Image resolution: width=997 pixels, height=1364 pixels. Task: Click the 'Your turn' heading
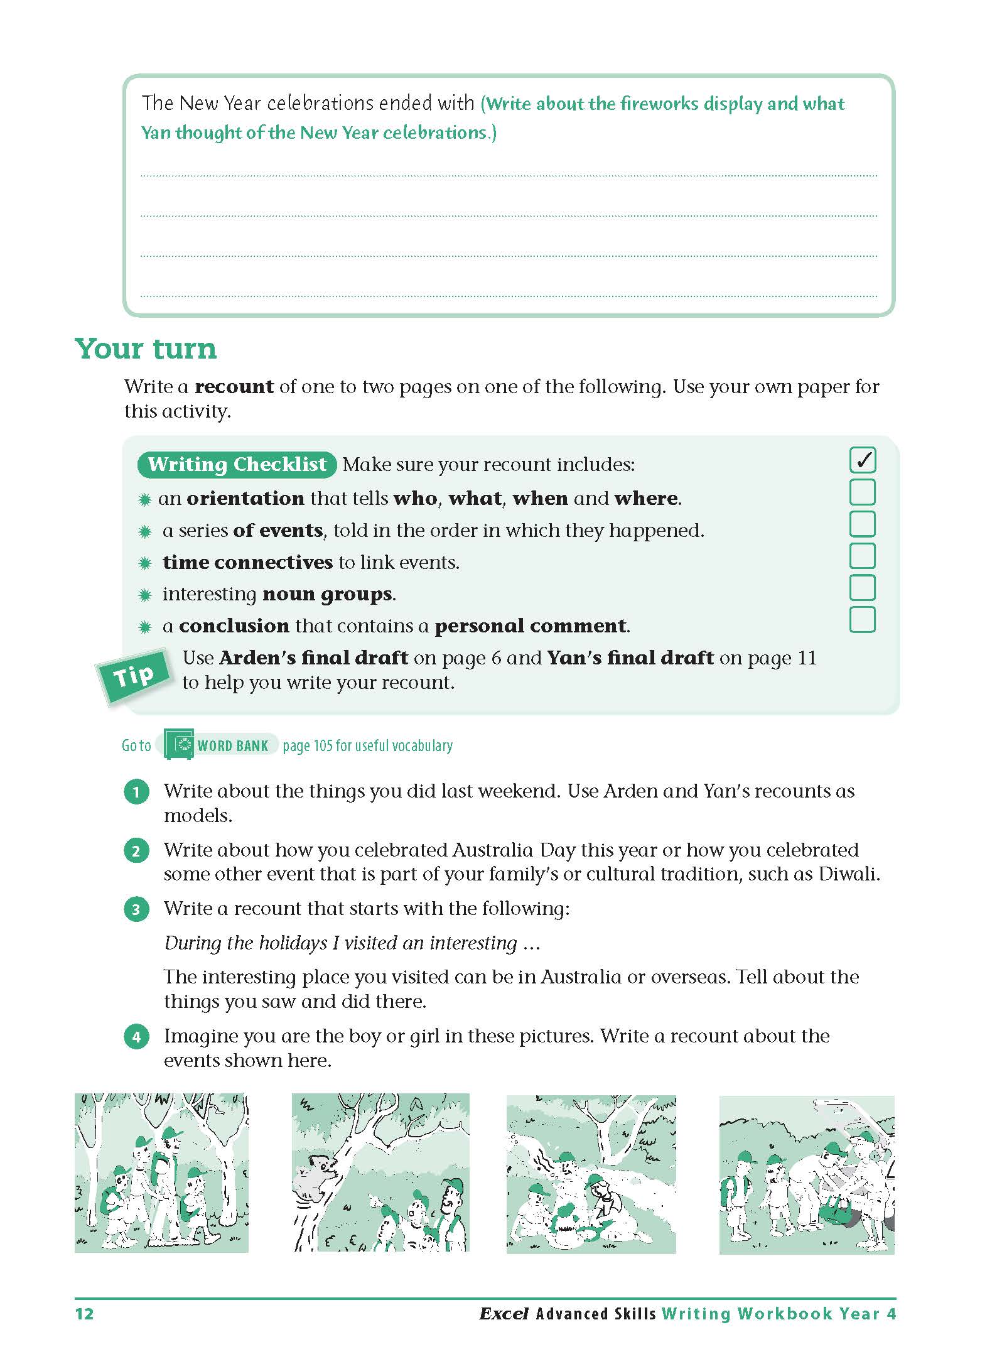click(x=146, y=349)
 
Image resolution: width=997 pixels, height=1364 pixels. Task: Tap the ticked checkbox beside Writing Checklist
click(x=862, y=460)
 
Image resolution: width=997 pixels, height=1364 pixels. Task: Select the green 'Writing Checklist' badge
click(x=237, y=464)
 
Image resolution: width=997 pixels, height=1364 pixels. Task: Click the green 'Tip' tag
click(x=134, y=676)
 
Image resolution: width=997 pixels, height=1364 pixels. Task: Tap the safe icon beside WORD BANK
click(x=180, y=745)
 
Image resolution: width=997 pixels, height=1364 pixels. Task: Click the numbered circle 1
click(x=137, y=792)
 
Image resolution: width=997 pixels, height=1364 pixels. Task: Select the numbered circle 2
click(x=137, y=851)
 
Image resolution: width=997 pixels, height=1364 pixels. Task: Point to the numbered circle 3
click(x=137, y=909)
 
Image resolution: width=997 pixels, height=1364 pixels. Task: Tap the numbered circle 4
click(x=137, y=1037)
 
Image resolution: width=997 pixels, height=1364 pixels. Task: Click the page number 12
click(x=84, y=1314)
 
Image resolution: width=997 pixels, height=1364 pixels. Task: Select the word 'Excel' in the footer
click(x=503, y=1314)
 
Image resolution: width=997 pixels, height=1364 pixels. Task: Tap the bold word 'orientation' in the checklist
click(x=245, y=499)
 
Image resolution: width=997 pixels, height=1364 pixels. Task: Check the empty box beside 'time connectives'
click(x=862, y=556)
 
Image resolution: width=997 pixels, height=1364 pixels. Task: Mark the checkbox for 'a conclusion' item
click(x=862, y=619)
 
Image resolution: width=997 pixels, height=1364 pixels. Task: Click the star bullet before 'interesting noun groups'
click(x=145, y=595)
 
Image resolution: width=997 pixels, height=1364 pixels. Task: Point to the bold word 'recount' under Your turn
click(x=234, y=387)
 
